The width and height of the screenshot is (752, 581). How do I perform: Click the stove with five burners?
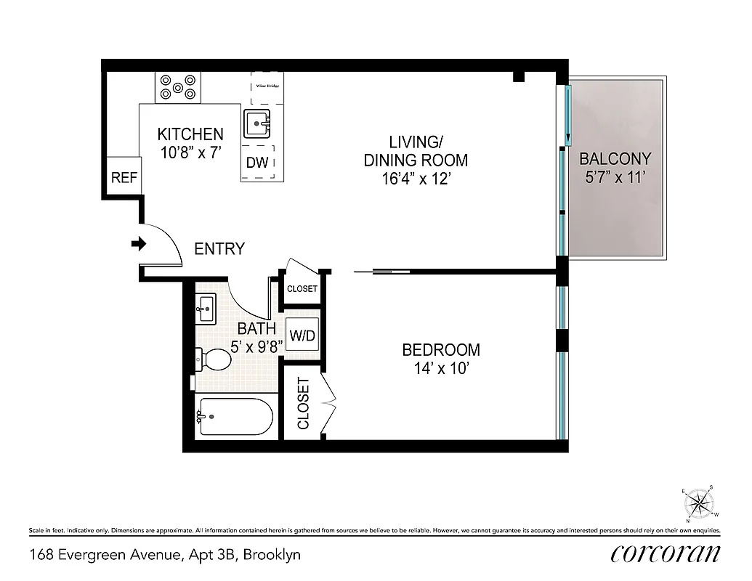178,87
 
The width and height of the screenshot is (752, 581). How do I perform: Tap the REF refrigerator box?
124,177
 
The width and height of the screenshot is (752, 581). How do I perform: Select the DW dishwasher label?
256,163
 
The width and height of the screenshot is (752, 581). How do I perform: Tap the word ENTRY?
219,249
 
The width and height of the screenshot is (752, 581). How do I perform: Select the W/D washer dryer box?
302,336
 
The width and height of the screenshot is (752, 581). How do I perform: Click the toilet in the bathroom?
212,359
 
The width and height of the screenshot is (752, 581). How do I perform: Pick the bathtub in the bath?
234,417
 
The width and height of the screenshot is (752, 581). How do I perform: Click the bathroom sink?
205,309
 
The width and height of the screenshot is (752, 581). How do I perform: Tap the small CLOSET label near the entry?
302,288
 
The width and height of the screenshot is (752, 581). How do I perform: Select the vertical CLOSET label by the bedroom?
303,403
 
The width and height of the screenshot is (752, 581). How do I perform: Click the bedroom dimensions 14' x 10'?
440,369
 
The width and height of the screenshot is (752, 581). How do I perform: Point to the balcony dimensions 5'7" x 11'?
615,177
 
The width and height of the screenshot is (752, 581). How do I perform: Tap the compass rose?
699,503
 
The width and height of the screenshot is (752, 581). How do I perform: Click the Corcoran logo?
666,554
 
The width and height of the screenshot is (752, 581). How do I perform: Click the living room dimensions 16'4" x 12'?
416,179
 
